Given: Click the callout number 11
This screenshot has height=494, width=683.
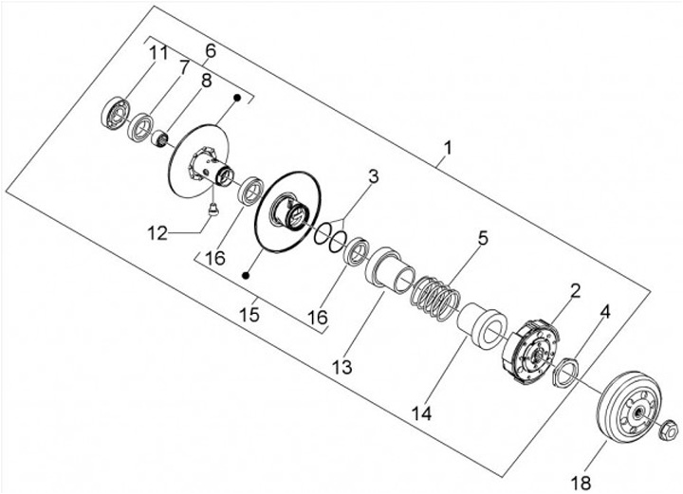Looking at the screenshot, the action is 158,53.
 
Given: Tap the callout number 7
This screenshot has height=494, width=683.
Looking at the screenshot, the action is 184,67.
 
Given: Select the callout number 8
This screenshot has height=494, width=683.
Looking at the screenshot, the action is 206,81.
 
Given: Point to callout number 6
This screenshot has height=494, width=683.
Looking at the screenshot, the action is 211,50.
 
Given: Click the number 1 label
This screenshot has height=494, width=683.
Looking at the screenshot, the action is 448,148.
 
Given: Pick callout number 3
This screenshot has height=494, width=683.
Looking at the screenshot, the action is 374,176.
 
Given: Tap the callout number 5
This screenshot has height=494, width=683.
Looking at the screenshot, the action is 483,238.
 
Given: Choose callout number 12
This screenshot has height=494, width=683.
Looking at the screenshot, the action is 157,233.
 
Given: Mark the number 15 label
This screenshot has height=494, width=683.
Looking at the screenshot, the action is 249,314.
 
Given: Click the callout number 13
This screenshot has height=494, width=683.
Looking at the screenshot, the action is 341,367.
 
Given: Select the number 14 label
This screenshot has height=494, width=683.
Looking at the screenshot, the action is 421,413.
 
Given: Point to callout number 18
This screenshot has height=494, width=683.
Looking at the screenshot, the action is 581,482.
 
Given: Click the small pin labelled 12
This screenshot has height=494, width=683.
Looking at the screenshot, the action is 213,210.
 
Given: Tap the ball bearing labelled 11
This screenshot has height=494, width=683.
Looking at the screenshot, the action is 115,113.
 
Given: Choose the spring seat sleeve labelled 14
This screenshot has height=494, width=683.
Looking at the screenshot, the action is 482,325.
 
